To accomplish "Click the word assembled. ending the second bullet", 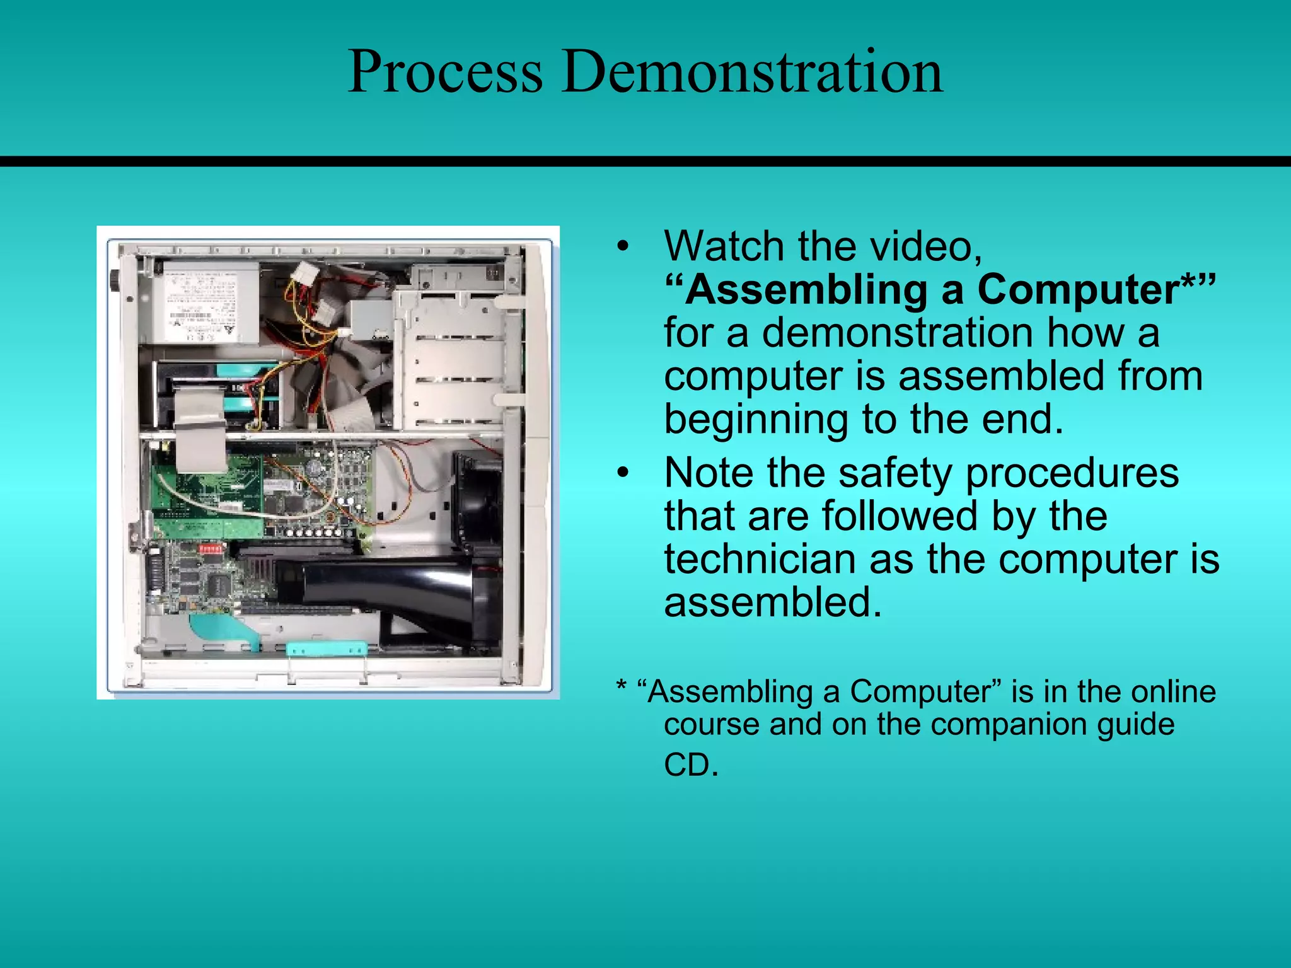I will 773,602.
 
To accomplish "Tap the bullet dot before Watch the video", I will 623,246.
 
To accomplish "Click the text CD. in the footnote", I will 691,765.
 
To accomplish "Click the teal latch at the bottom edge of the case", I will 327,649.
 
